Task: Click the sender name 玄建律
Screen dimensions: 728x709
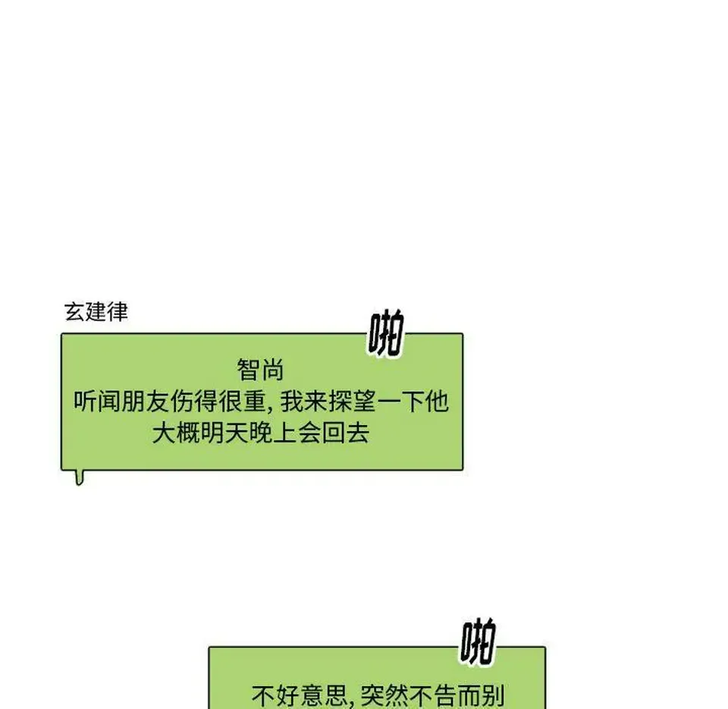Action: click(x=96, y=312)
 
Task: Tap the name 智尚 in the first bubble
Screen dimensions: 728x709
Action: click(x=260, y=370)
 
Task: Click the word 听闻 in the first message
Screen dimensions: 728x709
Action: click(x=98, y=402)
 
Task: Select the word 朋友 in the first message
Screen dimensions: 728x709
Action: click(x=146, y=402)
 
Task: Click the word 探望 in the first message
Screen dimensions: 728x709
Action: click(x=352, y=402)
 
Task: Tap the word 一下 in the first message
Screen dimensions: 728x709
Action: click(x=400, y=402)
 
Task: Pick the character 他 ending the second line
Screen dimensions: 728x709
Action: click(x=437, y=402)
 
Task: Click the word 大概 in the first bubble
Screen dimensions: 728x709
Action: click(x=176, y=433)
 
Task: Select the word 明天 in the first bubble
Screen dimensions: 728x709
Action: click(x=224, y=433)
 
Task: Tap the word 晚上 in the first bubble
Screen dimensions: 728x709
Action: click(x=272, y=433)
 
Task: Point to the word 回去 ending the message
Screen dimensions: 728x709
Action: click(x=346, y=433)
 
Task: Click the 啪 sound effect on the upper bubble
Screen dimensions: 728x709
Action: click(x=386, y=332)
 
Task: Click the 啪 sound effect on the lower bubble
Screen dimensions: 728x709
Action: click(x=478, y=641)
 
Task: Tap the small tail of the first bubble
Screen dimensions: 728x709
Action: click(x=80, y=477)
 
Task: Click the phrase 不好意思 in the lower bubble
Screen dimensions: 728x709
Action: click(x=300, y=695)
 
